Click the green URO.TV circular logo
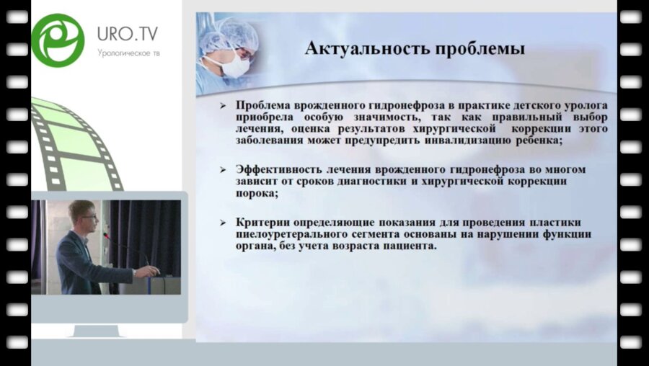tap(58, 40)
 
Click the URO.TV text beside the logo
tap(127, 34)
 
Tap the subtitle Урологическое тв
tap(127, 52)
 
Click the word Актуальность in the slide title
tap(361, 48)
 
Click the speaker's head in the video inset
tap(80, 213)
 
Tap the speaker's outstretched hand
tap(152, 271)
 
